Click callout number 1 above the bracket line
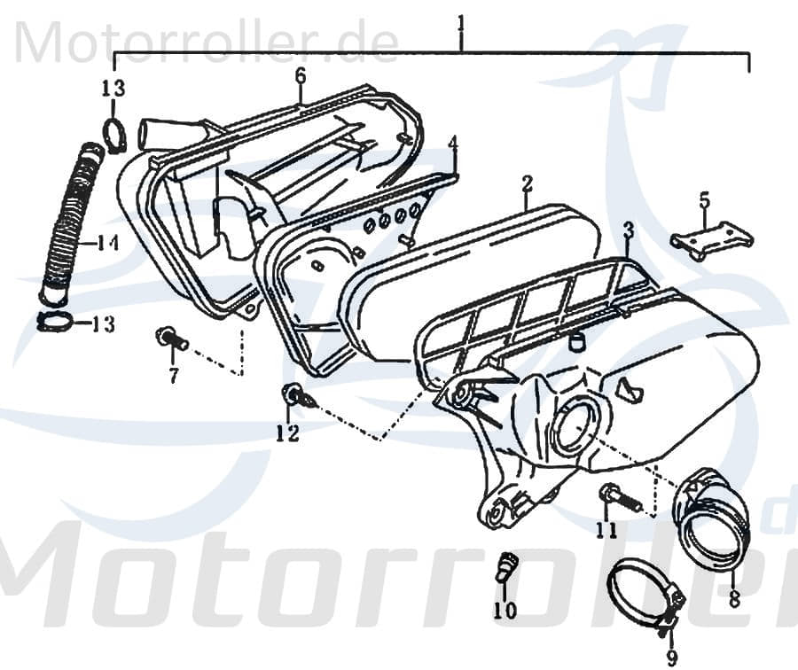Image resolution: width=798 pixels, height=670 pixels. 461,24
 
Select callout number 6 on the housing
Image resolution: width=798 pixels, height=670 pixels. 301,76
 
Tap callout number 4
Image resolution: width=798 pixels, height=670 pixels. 453,144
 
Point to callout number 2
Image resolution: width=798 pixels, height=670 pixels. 527,184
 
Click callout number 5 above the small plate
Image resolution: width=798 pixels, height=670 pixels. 704,200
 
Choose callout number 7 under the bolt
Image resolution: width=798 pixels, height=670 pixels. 174,376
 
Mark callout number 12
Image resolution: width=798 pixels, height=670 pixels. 288,433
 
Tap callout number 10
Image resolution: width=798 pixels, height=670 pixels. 505,610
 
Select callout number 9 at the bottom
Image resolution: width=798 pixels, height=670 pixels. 672,658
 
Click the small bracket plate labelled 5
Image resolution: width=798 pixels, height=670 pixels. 712,245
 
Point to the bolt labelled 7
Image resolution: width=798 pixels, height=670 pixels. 171,339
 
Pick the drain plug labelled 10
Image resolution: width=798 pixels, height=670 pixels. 506,565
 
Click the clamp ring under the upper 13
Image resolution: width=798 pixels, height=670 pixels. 114,134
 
